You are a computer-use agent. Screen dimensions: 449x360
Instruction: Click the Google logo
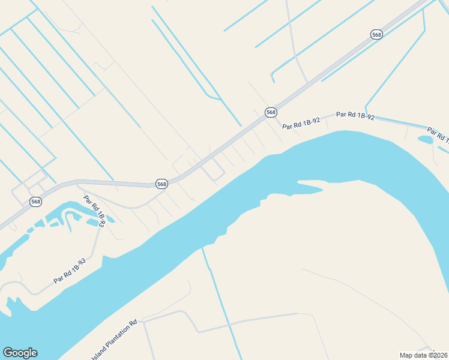click(x=20, y=353)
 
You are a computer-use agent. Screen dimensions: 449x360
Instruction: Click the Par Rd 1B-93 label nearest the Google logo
click(x=70, y=271)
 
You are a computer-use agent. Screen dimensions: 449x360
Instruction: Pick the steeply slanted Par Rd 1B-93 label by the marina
click(x=94, y=211)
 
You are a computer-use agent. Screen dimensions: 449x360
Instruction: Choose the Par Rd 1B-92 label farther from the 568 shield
click(x=355, y=116)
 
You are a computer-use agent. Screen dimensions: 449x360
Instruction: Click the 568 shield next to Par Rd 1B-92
click(x=271, y=112)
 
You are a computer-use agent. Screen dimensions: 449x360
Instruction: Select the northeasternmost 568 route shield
click(x=376, y=35)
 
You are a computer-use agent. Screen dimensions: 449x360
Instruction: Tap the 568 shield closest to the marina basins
click(x=36, y=202)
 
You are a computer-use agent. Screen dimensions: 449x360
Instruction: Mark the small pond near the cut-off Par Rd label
click(x=426, y=140)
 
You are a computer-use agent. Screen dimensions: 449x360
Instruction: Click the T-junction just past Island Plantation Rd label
click(x=144, y=320)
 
